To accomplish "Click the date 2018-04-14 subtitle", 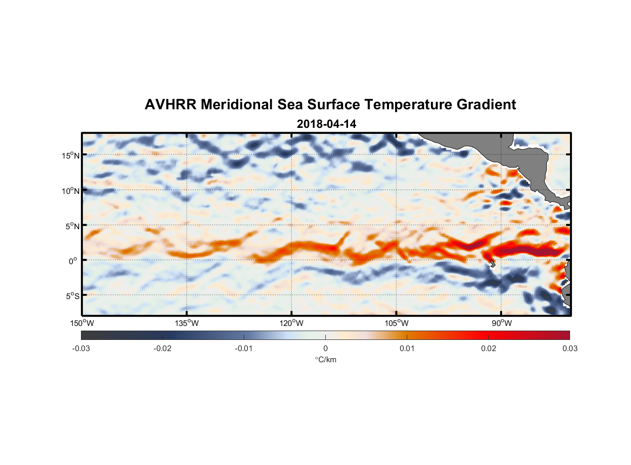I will pyautogui.click(x=326, y=124).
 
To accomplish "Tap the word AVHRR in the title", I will pyautogui.click(x=170, y=105).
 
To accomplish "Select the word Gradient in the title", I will pyautogui.click(x=486, y=105).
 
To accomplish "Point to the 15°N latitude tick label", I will pyautogui.click(x=71, y=155).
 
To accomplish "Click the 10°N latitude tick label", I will pyautogui.click(x=71, y=191).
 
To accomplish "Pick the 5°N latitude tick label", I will pyautogui.click(x=72, y=226).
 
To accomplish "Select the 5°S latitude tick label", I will pyautogui.click(x=72, y=296).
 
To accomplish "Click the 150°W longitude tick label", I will pyautogui.click(x=82, y=323).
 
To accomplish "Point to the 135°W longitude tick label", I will pyautogui.click(x=187, y=323).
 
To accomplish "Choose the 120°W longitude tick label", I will pyautogui.click(x=292, y=323).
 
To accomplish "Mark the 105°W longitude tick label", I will pyautogui.click(x=396, y=323).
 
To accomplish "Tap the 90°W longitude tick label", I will pyautogui.click(x=502, y=323).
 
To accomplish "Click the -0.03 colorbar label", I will pyautogui.click(x=81, y=348).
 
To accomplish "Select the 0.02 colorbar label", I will pyautogui.click(x=489, y=348).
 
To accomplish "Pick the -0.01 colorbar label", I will pyautogui.click(x=244, y=348).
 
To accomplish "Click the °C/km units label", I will pyautogui.click(x=326, y=359).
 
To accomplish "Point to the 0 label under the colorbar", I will pyautogui.click(x=325, y=348).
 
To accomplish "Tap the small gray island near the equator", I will pyautogui.click(x=492, y=264).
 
